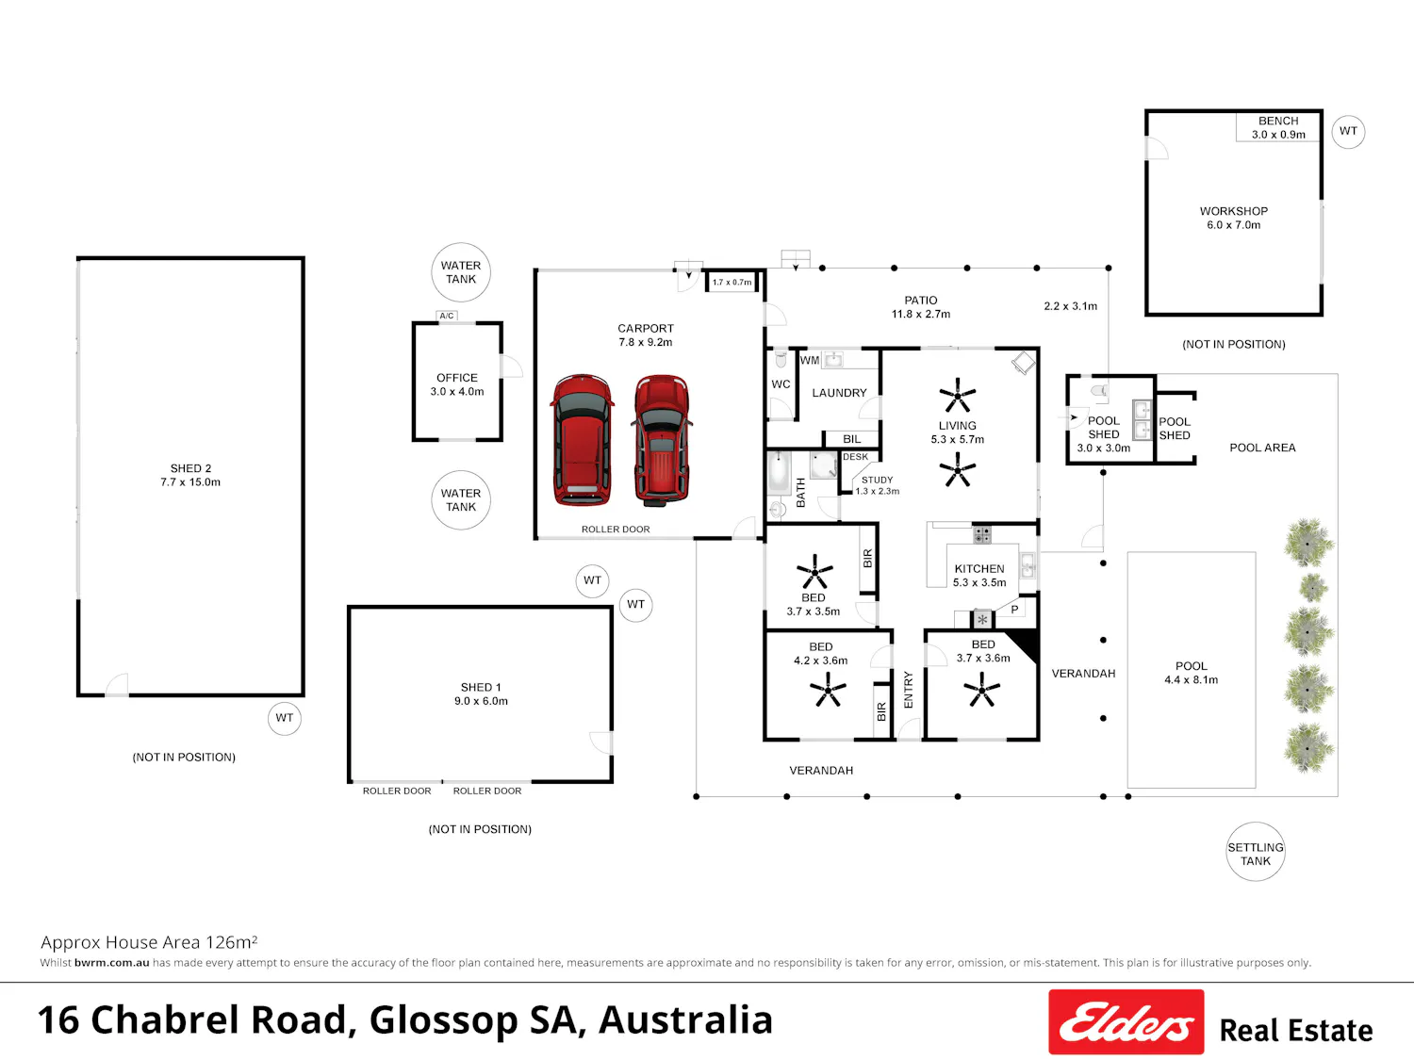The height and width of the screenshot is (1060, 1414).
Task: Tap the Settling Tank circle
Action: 1255,851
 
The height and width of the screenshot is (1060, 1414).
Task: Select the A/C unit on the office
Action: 447,316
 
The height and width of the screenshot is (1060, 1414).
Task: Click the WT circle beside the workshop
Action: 1348,131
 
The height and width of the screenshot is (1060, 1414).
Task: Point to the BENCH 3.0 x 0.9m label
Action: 1278,127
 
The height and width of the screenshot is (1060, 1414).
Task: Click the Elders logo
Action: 1126,1021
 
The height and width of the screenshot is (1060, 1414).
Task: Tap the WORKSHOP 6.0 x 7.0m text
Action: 1234,218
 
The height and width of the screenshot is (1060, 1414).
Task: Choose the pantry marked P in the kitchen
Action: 1014,610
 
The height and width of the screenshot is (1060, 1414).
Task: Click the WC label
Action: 781,384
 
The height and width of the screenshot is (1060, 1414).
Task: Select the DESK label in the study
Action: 856,457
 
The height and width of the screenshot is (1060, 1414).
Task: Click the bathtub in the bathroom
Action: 779,472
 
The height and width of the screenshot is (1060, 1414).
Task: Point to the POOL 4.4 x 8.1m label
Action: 1192,673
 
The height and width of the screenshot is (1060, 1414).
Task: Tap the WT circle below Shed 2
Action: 284,718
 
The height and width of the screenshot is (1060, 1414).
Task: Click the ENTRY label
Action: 909,690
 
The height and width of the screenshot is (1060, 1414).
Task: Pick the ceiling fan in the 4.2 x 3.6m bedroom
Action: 828,690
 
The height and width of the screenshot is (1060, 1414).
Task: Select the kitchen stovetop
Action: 981,534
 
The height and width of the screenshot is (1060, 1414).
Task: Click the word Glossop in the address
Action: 443,1021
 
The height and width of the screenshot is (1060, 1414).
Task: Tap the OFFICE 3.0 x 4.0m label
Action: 457,384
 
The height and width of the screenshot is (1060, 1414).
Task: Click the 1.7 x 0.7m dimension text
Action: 732,282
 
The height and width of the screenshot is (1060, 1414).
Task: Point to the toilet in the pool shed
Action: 1100,390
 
